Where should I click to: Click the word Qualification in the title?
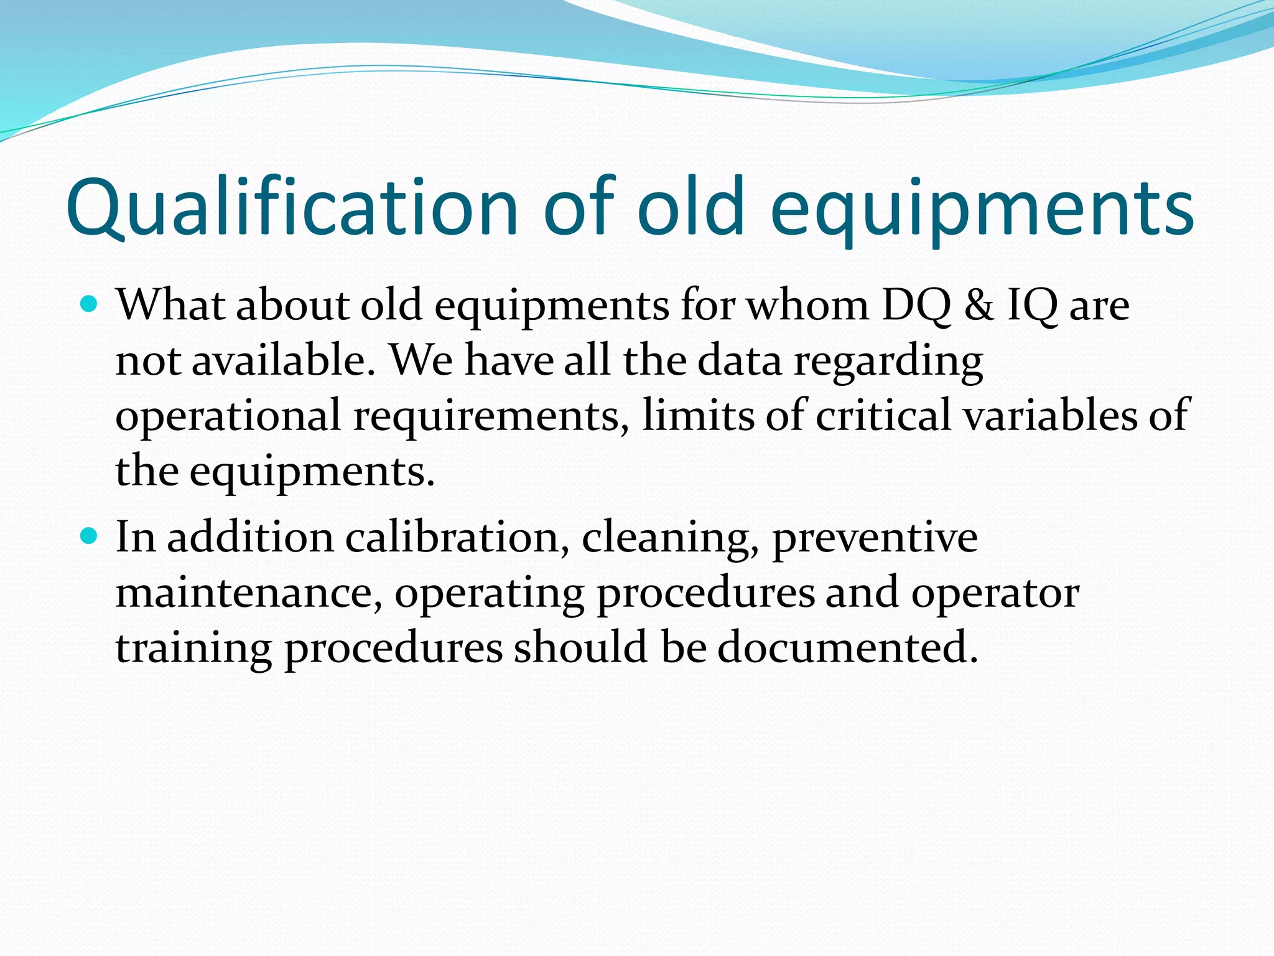292,209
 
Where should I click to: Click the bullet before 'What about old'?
90,305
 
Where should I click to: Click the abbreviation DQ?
916,306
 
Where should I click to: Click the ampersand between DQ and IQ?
979,306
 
